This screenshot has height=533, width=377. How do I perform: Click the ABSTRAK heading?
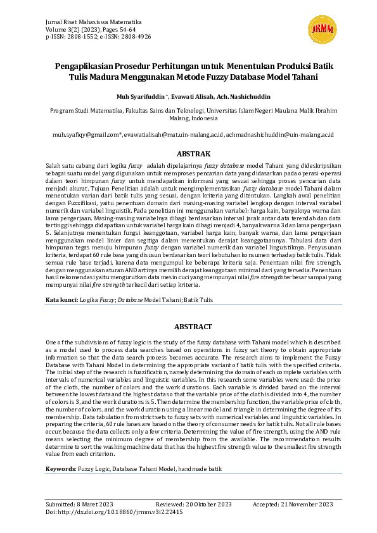pos(188,154)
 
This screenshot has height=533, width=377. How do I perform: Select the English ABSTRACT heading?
pos(188,327)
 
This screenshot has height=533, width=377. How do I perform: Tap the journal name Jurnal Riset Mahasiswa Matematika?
pos(93,21)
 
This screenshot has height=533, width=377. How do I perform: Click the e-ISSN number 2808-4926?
pos(136,37)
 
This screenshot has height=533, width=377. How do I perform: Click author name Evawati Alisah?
pos(190,97)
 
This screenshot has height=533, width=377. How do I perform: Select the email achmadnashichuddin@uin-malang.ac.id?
pos(279,135)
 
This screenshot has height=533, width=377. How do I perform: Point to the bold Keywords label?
pos(60,468)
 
